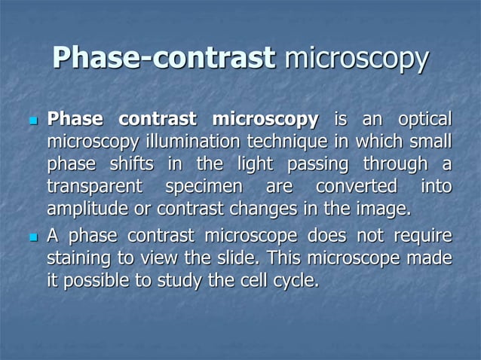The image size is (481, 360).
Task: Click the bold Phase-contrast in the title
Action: point(164,59)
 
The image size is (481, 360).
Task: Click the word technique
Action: point(283,142)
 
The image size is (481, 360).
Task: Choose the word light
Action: point(250,163)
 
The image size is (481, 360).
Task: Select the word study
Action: point(182,282)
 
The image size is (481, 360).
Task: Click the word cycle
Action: point(298,282)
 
